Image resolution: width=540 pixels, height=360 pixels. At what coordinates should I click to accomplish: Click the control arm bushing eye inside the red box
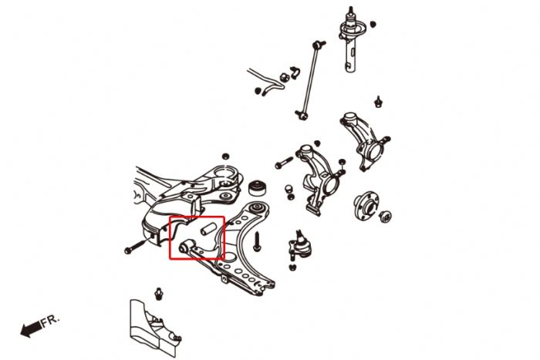click(190, 247)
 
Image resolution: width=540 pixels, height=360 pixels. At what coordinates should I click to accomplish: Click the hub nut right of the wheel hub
click(386, 217)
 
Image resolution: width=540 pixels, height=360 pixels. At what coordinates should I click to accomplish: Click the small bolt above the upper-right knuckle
click(379, 100)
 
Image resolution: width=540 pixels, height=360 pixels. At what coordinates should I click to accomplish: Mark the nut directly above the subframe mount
click(224, 155)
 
